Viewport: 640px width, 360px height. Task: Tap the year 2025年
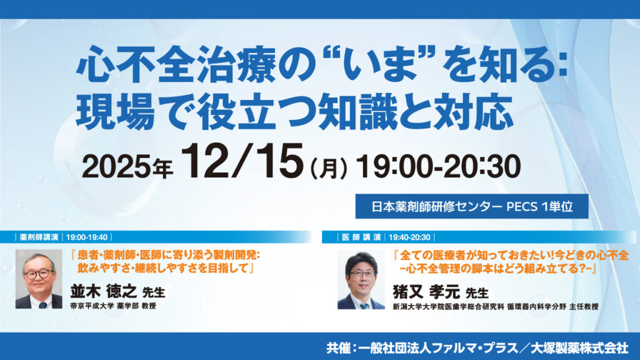click(127, 167)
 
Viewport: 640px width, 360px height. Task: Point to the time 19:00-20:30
click(437, 166)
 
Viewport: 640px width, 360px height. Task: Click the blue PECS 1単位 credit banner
click(472, 206)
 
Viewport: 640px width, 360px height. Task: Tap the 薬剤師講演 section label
click(39, 237)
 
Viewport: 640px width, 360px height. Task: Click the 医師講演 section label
click(361, 237)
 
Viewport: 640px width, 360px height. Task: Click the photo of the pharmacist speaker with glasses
click(39, 279)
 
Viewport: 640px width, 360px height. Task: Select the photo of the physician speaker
click(361, 281)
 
